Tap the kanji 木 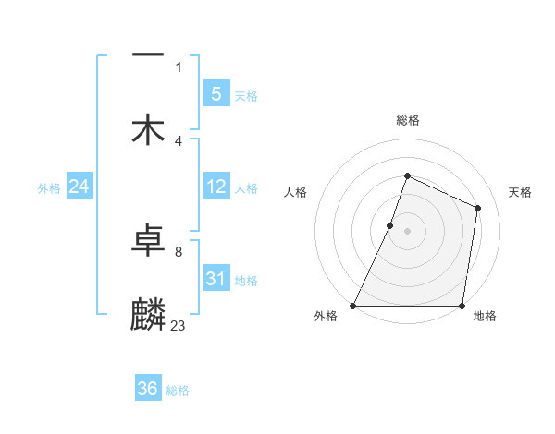tap(148, 128)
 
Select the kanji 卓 tap(148, 240)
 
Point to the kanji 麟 tap(148, 314)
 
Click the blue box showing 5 tap(216, 93)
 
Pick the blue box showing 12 tap(216, 187)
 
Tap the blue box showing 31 tap(216, 279)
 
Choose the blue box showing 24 tap(79, 187)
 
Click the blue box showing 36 tap(148, 389)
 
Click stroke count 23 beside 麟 tap(178, 325)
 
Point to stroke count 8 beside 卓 tap(178, 251)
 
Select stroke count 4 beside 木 tap(178, 140)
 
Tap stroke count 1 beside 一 tap(178, 66)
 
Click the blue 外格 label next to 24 tap(49, 188)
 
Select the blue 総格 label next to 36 tap(178, 391)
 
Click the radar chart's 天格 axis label tap(521, 192)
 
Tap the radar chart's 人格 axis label tap(295, 192)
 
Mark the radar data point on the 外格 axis tap(353, 306)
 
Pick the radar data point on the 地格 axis tap(462, 306)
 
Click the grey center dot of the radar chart tap(407, 230)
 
